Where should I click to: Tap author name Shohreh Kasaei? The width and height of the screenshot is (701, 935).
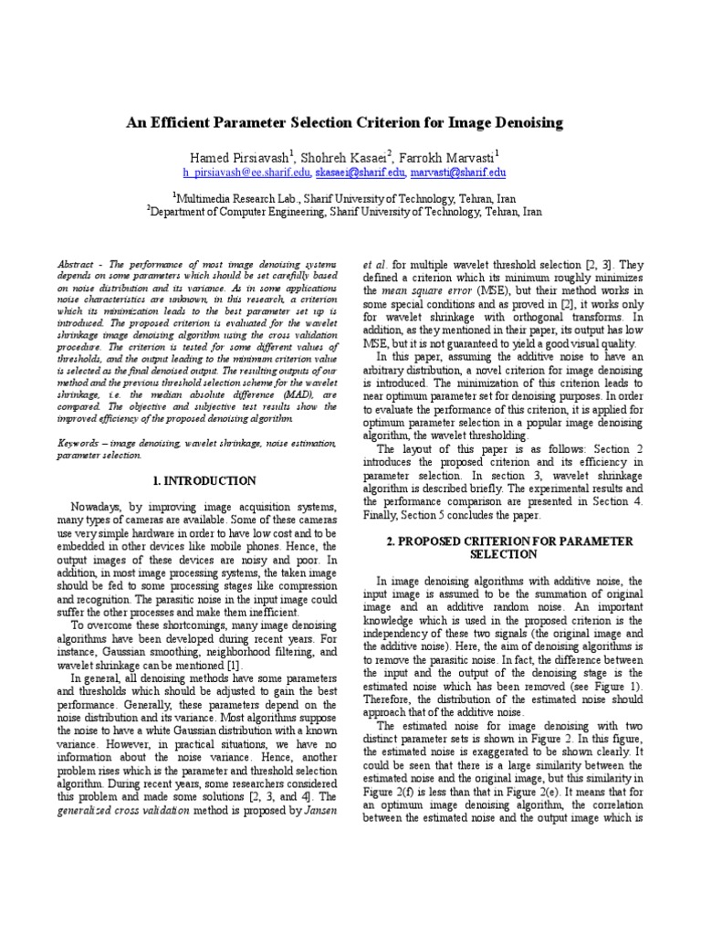click(x=346, y=155)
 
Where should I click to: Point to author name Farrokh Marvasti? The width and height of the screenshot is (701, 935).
click(x=449, y=155)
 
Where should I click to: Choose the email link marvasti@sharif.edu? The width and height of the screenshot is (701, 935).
click(x=457, y=172)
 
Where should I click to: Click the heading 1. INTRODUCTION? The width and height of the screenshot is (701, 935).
click(x=204, y=480)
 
